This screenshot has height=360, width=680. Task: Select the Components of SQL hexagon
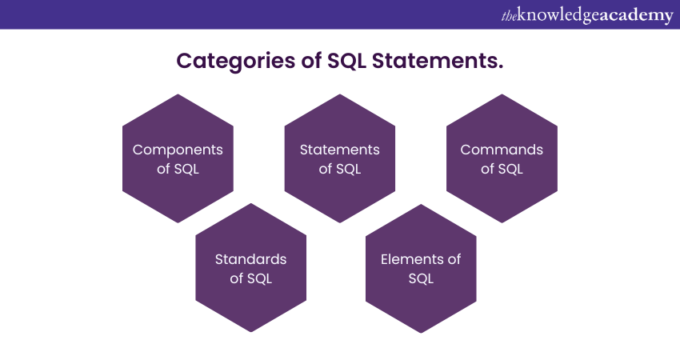tap(178, 158)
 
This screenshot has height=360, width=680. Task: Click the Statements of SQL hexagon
tap(340, 158)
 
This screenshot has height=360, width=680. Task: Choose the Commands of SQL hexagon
tap(502, 158)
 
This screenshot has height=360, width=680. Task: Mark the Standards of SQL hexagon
tap(250, 268)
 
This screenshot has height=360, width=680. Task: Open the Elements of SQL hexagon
tap(421, 268)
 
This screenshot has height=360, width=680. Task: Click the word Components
tap(178, 150)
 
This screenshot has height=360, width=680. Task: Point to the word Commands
tap(502, 150)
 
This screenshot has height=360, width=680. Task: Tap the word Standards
tap(250, 259)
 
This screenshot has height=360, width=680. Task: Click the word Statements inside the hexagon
tap(340, 150)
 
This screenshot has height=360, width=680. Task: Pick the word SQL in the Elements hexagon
tap(421, 278)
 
